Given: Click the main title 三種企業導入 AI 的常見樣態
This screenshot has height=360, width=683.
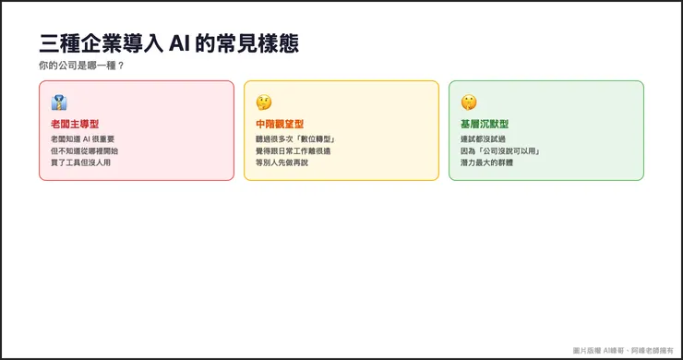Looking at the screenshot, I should [x=169, y=44].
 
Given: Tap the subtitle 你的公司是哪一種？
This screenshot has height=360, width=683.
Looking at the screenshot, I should [x=81, y=66].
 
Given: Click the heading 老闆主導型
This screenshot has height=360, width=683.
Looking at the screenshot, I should [x=75, y=124].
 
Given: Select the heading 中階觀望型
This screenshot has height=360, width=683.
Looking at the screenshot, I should [x=280, y=124].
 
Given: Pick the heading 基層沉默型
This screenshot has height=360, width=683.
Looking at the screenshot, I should [x=485, y=124].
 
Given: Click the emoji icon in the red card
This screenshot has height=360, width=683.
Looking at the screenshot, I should [x=59, y=102].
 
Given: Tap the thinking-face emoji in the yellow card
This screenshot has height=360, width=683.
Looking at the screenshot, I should [x=264, y=102].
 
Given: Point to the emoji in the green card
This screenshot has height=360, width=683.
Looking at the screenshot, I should [x=469, y=102].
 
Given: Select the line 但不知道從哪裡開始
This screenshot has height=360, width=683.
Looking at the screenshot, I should [x=85, y=150].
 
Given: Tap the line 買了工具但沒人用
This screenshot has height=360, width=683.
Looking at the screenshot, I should [x=81, y=162].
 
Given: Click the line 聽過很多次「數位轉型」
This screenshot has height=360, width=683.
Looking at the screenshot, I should [x=294, y=138].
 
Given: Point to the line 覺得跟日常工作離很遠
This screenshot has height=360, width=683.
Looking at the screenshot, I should [x=293, y=150].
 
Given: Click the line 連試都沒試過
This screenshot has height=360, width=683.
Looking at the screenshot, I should [x=483, y=138].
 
